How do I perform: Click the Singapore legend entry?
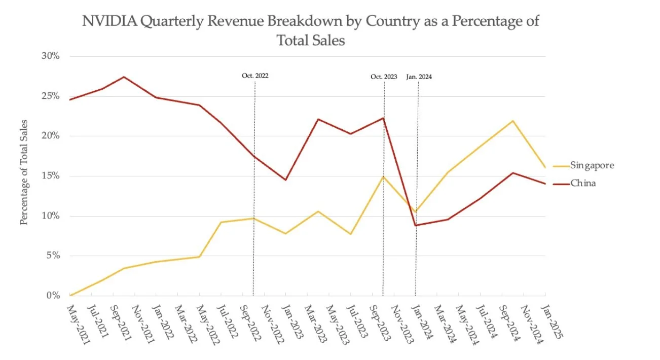pyautogui.click(x=592, y=166)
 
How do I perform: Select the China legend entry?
pyautogui.click(x=583, y=183)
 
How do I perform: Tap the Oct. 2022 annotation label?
pyautogui.click(x=254, y=76)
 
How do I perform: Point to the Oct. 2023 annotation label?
pyautogui.click(x=384, y=77)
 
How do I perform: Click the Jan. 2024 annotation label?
pyautogui.click(x=419, y=77)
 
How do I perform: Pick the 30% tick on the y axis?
pyautogui.click(x=50, y=56)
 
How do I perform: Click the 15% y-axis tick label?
pyautogui.click(x=50, y=176)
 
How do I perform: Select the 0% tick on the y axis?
pyautogui.click(x=53, y=296)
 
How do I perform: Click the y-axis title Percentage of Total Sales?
pyautogui.click(x=24, y=172)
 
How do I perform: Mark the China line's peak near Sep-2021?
pyautogui.click(x=124, y=77)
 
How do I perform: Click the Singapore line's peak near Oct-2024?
pyautogui.click(x=513, y=121)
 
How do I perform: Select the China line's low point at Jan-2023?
pyautogui.click(x=286, y=180)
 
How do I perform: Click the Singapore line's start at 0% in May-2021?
pyautogui.click(x=70, y=295)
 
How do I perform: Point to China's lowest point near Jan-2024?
pyautogui.click(x=416, y=225)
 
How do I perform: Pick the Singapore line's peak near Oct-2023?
pyautogui.click(x=383, y=176)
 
